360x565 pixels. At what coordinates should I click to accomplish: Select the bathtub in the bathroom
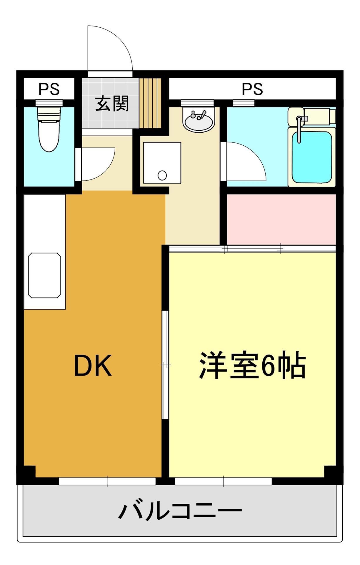pos(311,157)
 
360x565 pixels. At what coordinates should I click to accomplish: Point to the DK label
pos(93,366)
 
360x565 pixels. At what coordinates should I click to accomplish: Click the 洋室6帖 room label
pos(253,365)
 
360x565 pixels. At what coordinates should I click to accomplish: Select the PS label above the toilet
pos(49,89)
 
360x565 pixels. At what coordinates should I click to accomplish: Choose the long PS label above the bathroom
pos(252,89)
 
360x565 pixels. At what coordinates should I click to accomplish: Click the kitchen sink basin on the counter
pos(44,275)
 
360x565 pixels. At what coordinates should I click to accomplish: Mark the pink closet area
pos(281,219)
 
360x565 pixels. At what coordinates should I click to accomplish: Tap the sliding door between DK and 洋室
pos(165,365)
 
